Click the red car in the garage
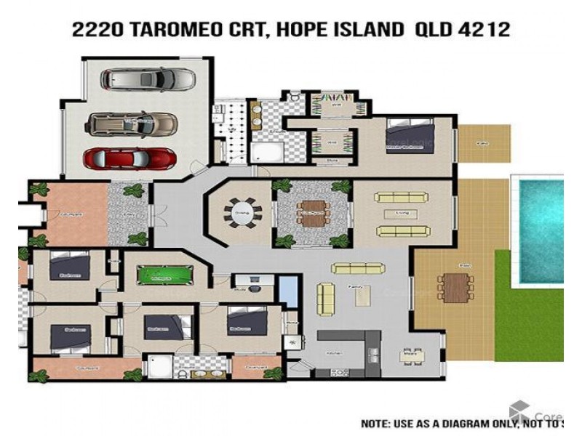click(x=129, y=158)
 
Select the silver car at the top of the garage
click(x=148, y=78)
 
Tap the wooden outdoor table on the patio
click(x=455, y=285)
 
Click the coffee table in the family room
click(x=362, y=295)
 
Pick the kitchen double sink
click(x=372, y=354)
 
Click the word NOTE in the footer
click(x=377, y=423)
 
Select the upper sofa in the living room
click(x=401, y=197)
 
